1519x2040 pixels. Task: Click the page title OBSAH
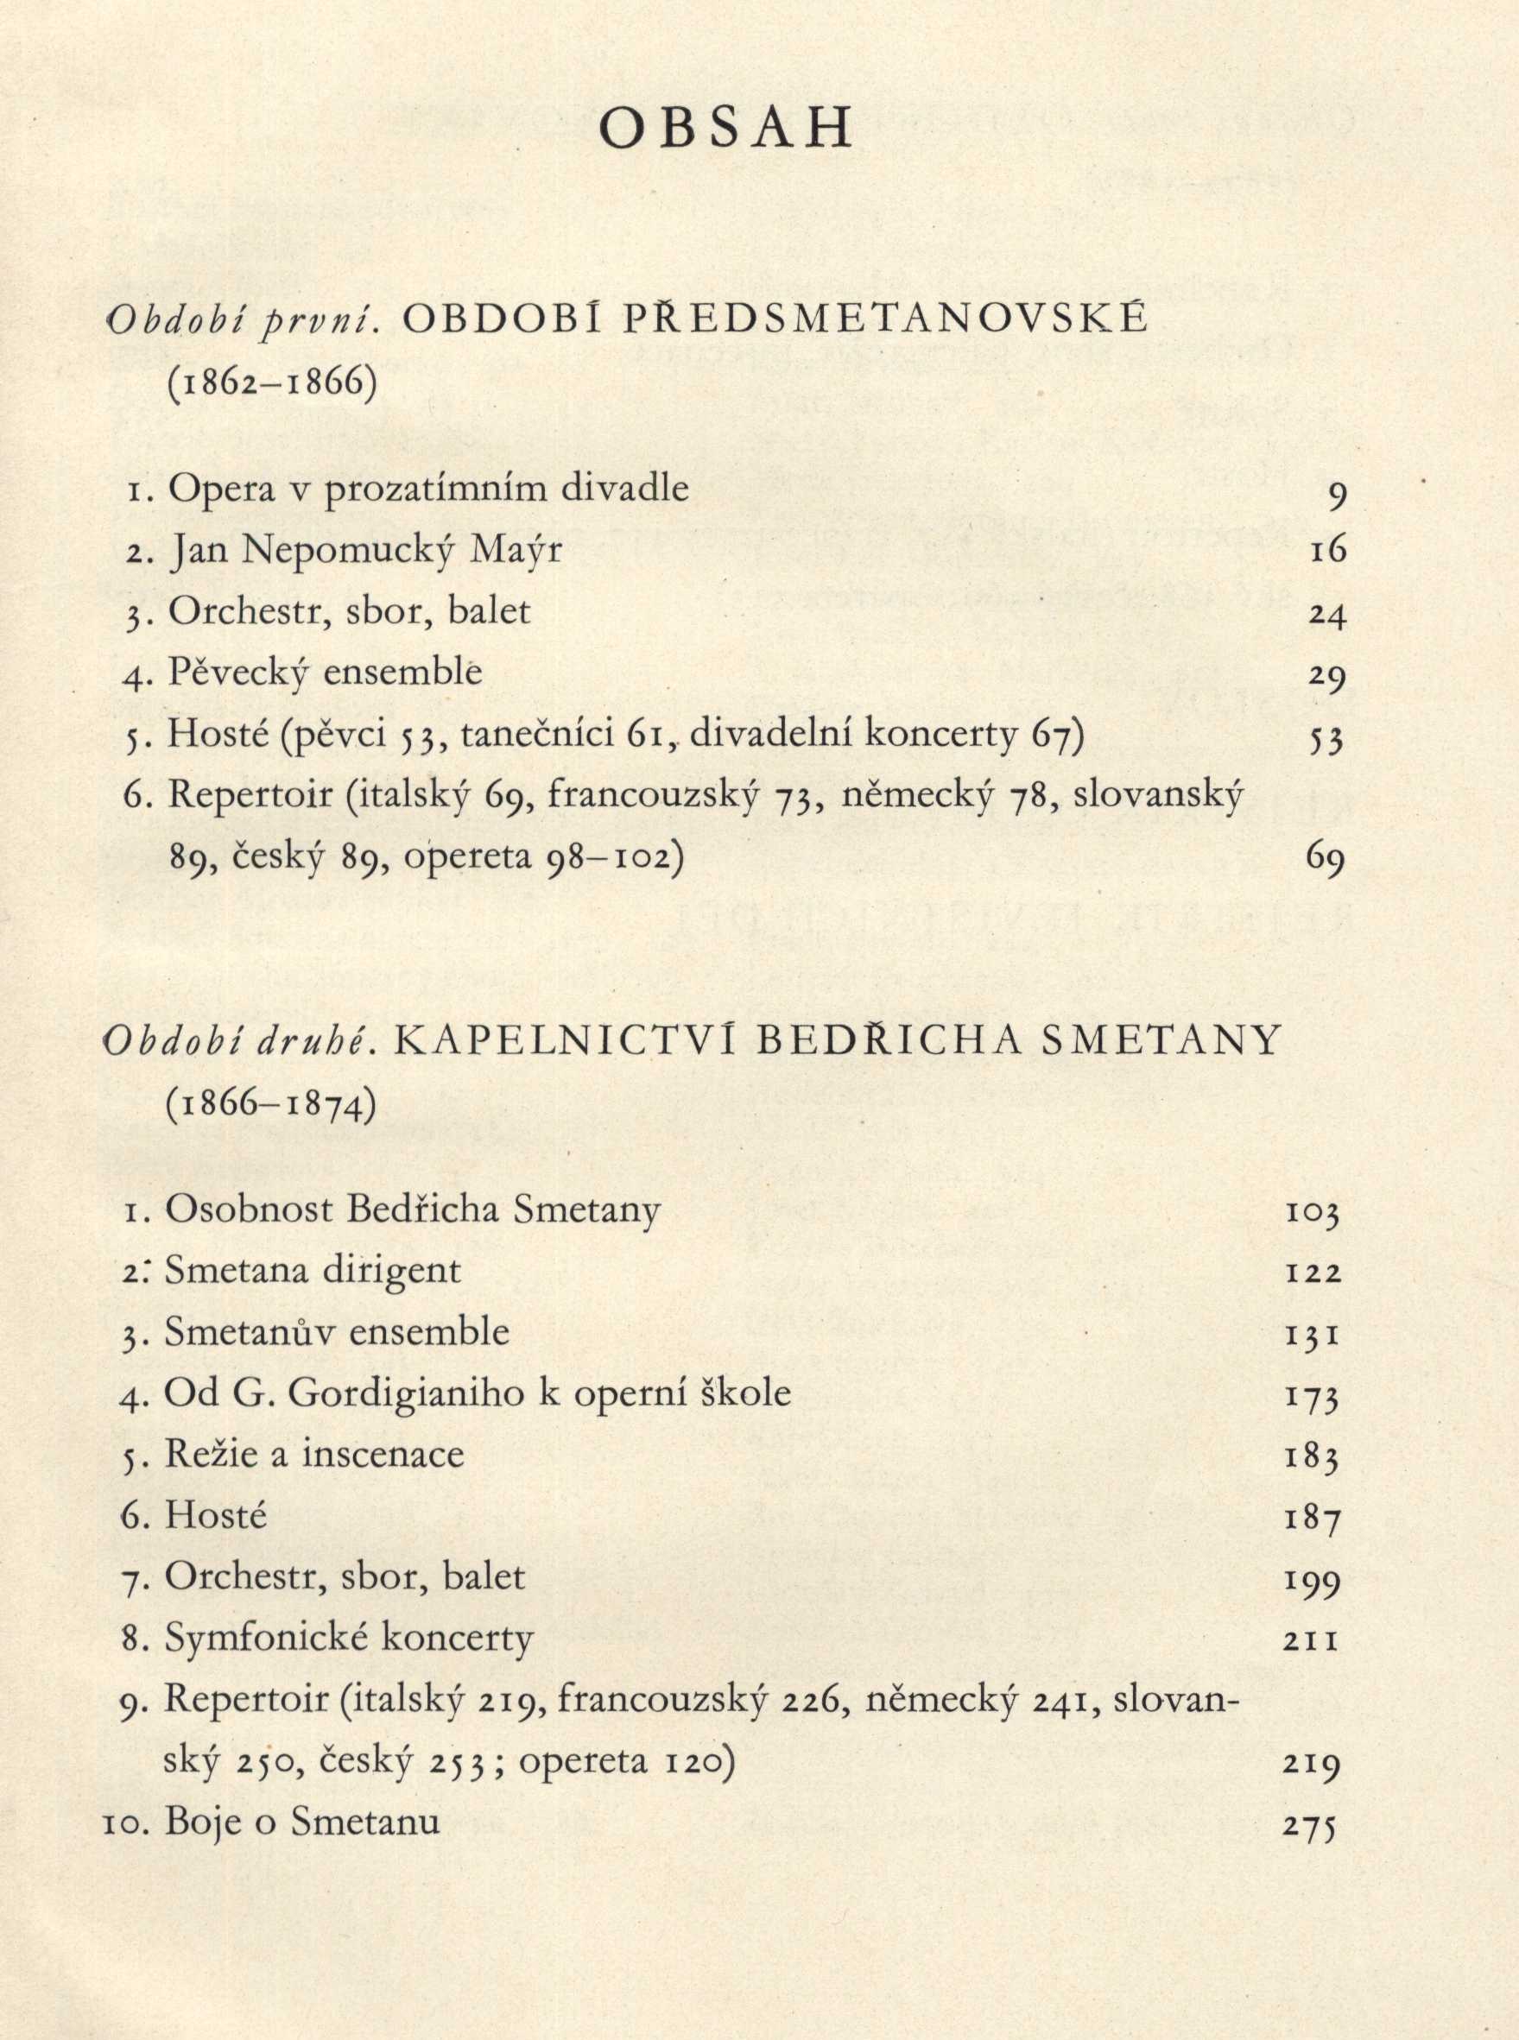point(725,132)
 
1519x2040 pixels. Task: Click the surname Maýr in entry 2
point(515,551)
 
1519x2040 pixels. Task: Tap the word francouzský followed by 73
point(653,796)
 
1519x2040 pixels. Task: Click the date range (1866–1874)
point(271,1103)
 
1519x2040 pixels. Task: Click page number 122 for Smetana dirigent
point(1313,1273)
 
